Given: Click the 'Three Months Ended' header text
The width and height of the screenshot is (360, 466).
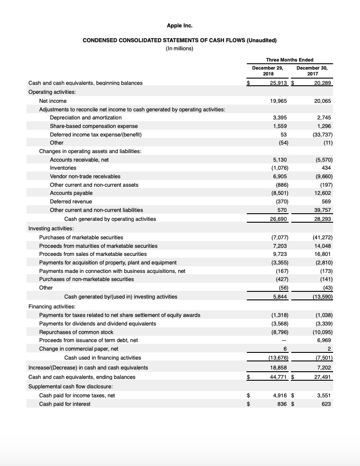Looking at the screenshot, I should click(290, 60).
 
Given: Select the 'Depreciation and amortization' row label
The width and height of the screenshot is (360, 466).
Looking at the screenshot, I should click(86, 118).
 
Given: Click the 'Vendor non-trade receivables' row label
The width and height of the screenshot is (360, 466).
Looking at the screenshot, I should click(85, 176).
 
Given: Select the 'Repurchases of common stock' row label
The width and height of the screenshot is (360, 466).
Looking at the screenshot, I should click(76, 332).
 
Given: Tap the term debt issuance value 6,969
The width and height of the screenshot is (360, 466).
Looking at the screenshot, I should click(323, 340).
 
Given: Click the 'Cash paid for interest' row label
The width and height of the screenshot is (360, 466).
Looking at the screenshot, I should click(65, 404).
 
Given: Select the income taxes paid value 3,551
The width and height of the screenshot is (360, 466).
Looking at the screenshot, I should click(323, 395).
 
